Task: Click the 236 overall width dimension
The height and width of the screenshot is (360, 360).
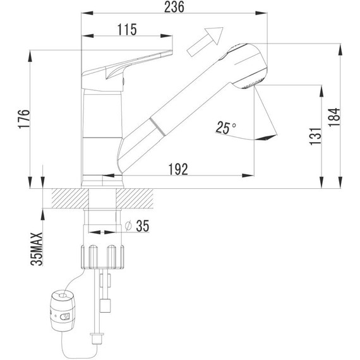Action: coord(174,7)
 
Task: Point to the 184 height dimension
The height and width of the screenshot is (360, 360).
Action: coord(335,116)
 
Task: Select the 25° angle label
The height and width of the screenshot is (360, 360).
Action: coord(224,128)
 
